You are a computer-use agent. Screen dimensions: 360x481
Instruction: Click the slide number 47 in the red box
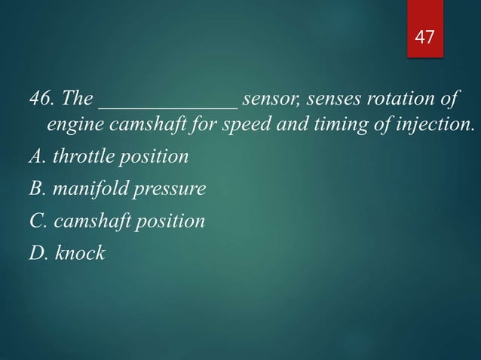click(x=424, y=36)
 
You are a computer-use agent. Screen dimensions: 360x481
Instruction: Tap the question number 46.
click(x=41, y=99)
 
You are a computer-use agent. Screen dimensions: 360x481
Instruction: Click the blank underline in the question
click(x=168, y=105)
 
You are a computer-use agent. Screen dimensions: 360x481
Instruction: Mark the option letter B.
click(x=35, y=189)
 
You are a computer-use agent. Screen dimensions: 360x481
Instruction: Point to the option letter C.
click(x=35, y=221)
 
